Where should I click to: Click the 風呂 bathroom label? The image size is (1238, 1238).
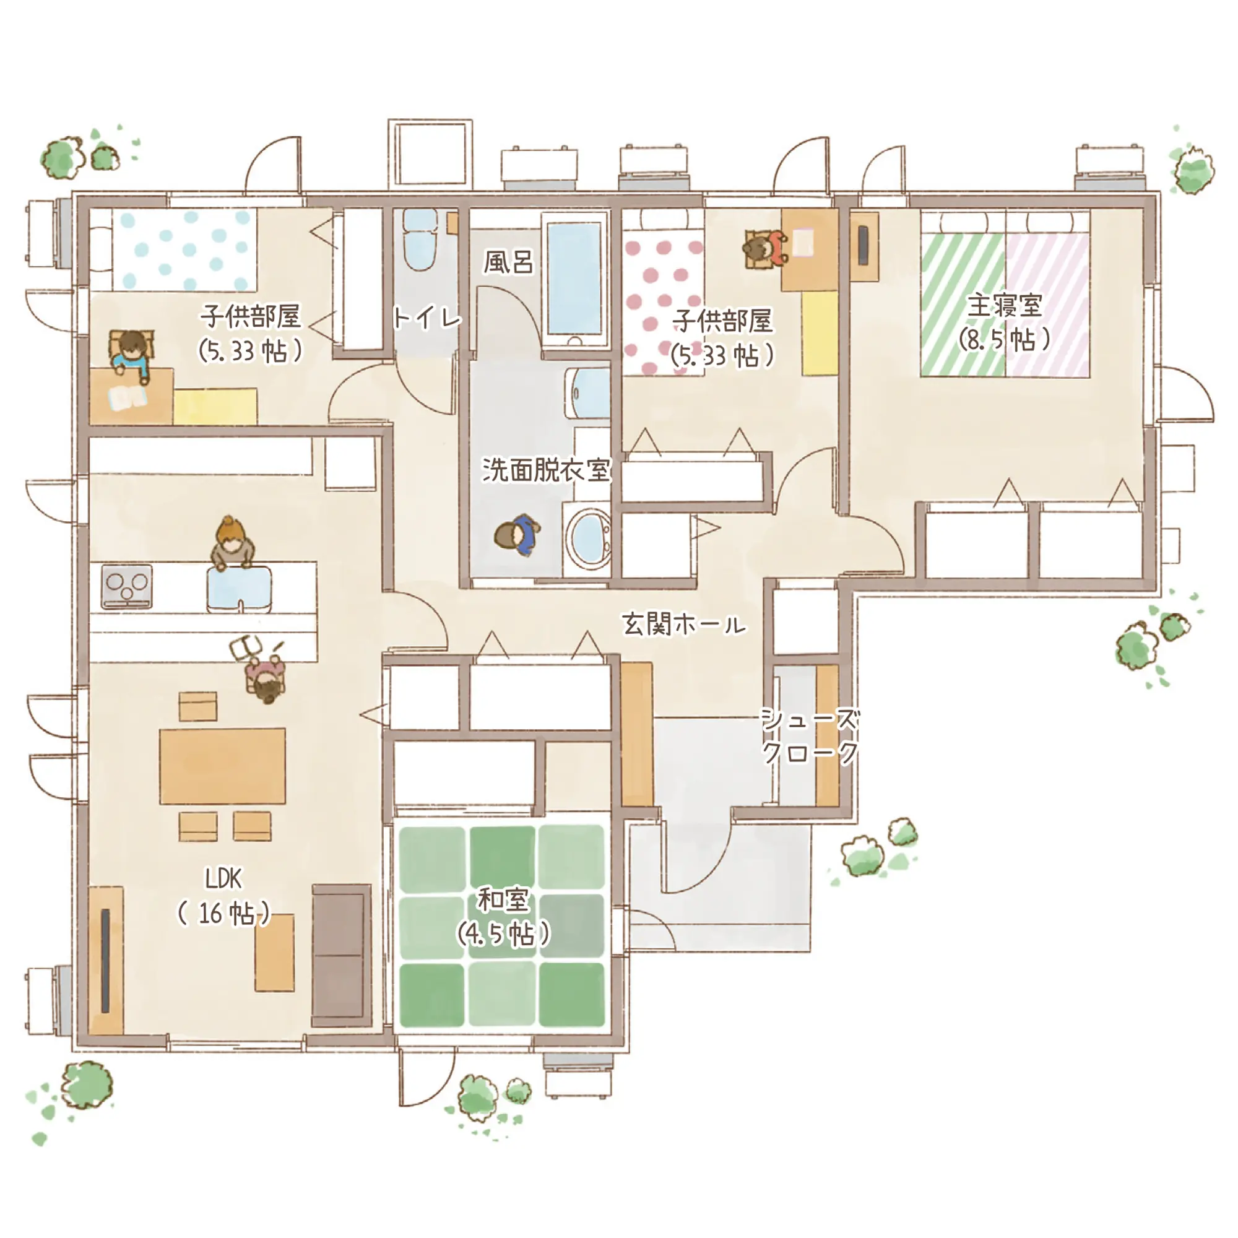tap(508, 262)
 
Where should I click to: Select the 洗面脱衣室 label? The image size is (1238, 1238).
tap(547, 470)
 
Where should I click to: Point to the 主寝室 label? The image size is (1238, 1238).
tap(1004, 306)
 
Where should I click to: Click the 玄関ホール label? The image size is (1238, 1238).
tap(685, 623)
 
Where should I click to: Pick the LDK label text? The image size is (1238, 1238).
tap(223, 878)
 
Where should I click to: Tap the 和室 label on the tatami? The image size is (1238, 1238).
tap(503, 899)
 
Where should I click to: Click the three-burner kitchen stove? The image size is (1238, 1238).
tap(127, 586)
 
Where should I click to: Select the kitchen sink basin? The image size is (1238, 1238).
tap(239, 589)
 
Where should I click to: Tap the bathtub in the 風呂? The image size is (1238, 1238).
tap(575, 279)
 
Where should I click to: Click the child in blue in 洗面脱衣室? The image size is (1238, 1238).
tap(517, 535)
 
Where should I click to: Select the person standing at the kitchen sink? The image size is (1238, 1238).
tap(233, 543)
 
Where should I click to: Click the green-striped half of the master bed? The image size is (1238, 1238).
tap(963, 305)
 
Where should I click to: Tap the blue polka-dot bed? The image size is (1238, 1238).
tap(184, 250)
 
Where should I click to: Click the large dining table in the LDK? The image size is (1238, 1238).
tap(222, 766)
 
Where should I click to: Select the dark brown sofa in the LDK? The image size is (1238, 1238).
tap(342, 955)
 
